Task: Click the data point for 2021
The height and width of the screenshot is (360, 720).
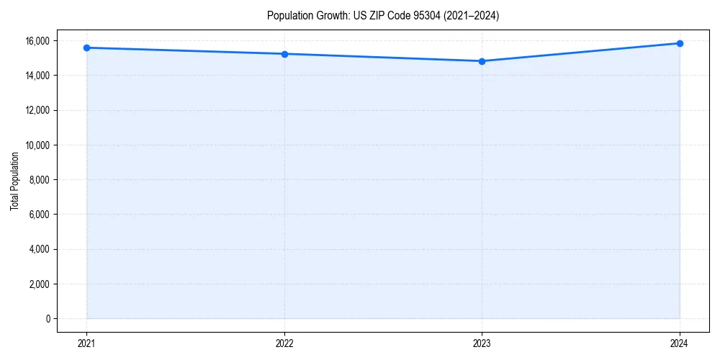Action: pos(86,48)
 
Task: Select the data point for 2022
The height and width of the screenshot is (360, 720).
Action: pos(284,54)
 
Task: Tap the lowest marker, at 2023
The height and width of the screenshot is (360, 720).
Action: pos(482,61)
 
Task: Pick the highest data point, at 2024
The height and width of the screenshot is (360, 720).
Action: pos(680,43)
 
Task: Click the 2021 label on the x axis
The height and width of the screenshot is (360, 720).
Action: pos(86,343)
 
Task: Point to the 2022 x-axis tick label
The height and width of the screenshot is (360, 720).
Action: pos(284,343)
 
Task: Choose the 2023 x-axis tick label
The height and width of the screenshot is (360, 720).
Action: pos(482,343)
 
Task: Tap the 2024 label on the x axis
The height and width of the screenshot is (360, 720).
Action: pos(680,343)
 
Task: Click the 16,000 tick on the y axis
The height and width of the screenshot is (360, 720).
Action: pos(38,40)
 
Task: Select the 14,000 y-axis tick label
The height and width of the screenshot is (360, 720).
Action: pos(38,76)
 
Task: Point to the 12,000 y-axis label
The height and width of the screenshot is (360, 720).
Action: pos(38,110)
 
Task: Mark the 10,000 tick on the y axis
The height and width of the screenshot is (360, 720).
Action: pos(38,145)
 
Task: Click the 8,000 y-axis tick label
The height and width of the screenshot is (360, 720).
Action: pos(40,179)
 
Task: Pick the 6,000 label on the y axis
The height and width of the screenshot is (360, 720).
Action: pos(40,215)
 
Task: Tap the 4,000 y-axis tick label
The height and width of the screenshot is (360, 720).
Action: pos(40,249)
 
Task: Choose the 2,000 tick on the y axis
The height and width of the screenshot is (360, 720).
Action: pos(40,284)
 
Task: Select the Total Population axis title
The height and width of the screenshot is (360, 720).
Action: pos(14,181)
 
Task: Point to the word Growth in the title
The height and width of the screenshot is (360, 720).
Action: pos(328,15)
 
